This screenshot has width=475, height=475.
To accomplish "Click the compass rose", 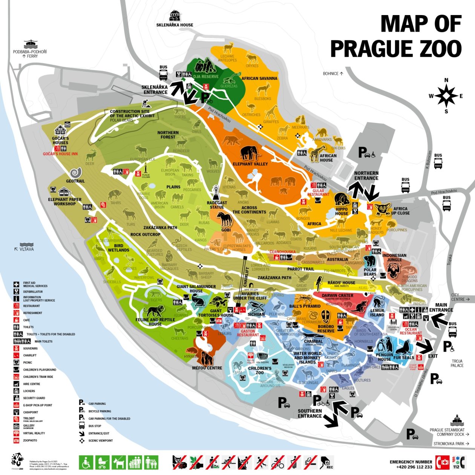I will [446, 96].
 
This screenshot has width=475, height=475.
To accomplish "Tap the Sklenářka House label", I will [175, 25].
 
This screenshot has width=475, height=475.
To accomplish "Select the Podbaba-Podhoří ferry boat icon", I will [31, 44].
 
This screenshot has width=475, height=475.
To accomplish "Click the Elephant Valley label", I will [250, 164].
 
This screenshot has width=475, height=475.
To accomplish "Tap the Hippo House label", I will [342, 211].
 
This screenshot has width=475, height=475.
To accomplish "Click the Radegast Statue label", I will [217, 205].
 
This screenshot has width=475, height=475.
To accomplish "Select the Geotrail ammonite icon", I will [75, 173].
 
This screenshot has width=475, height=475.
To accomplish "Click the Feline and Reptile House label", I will [155, 322].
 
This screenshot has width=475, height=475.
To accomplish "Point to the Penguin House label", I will [384, 357].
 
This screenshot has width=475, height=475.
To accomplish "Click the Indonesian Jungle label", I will [394, 257].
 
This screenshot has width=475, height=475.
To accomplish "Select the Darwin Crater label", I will [337, 296].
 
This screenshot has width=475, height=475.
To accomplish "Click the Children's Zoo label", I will [259, 370].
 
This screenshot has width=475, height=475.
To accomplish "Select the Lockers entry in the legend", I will [29, 391].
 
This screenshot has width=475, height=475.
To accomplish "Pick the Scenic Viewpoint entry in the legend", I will [100, 440].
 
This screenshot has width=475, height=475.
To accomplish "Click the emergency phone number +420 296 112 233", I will [414, 467].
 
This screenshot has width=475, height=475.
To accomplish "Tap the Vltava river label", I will [26, 249].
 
